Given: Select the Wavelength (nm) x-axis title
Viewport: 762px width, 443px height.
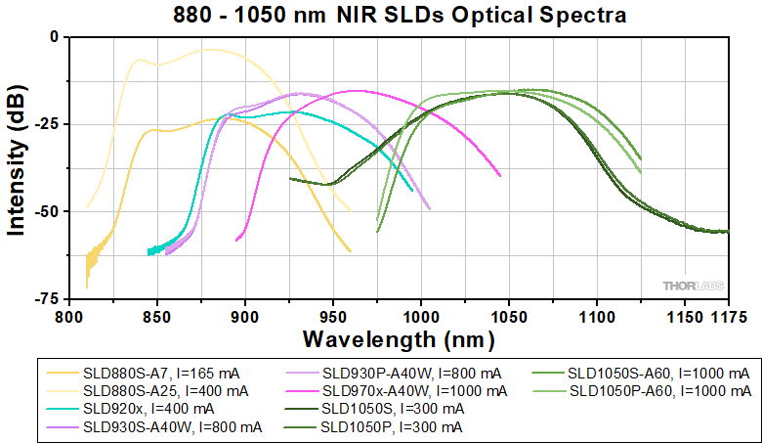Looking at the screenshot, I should click(x=398, y=339).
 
